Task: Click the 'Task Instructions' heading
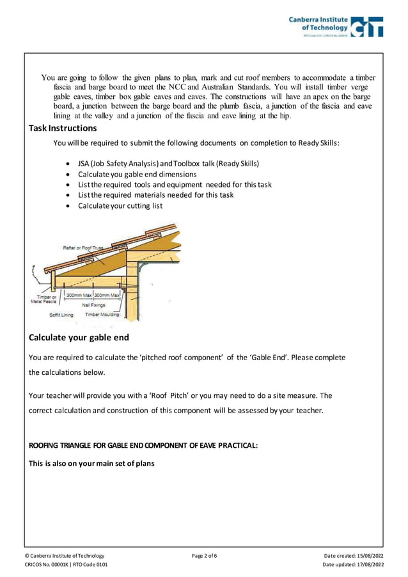click(63, 128)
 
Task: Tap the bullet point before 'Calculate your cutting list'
click(68, 206)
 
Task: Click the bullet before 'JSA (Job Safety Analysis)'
click(68, 164)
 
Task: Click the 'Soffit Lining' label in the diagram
click(61, 315)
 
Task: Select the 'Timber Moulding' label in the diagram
click(101, 315)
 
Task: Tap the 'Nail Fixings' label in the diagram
click(94, 305)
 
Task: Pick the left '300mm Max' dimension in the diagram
click(79, 295)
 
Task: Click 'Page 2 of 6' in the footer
click(204, 555)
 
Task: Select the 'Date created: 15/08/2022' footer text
click(354, 555)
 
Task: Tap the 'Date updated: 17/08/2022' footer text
click(353, 565)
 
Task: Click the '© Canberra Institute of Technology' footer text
click(64, 555)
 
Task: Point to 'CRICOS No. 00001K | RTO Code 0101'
click(66, 565)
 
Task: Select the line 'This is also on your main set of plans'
click(91, 463)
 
